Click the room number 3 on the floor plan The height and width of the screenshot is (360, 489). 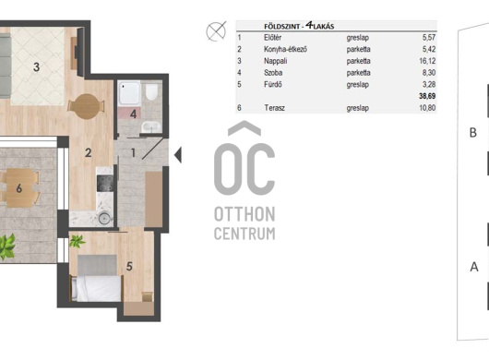coord(37,66)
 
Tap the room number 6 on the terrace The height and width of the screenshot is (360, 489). coord(19,188)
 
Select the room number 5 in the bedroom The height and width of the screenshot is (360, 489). coord(129,266)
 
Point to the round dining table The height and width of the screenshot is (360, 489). coord(87,106)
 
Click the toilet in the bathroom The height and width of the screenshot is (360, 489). coord(151,91)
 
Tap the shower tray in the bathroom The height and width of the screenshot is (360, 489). coord(130,92)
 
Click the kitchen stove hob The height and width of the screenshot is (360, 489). coord(105,184)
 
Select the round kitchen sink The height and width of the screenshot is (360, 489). coord(104,219)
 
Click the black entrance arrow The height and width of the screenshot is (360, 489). coord(178,155)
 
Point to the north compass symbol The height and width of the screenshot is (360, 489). coord(216,31)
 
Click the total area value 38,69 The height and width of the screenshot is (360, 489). coord(427,96)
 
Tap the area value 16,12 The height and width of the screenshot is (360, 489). coord(427,61)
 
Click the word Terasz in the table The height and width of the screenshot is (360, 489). coord(274,108)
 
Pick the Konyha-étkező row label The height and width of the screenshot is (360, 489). coord(285,49)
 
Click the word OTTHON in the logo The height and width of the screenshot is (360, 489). coord(244,214)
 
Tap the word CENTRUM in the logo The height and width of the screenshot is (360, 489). coord(244,234)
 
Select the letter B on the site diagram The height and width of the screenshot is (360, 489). coord(473,133)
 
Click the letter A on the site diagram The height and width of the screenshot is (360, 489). coord(474,267)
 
